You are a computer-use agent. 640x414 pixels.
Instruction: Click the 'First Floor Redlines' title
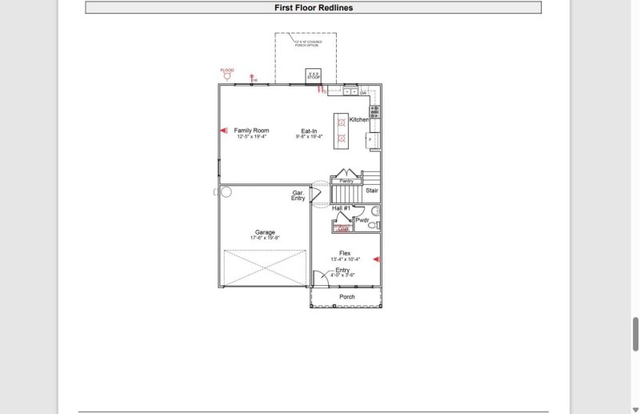tap(313, 8)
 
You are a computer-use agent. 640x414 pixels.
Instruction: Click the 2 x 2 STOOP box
tap(313, 76)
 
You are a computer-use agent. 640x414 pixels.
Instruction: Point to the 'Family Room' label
tap(251, 131)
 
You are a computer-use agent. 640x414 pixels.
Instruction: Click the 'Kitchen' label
tap(359, 119)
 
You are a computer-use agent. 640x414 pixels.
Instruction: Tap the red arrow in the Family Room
tap(224, 131)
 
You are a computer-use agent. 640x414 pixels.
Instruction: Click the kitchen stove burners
tap(374, 111)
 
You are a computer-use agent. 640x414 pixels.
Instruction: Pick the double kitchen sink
tap(342, 91)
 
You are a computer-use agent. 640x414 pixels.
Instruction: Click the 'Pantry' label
tap(346, 181)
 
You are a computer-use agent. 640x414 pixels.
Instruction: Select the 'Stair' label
tap(372, 191)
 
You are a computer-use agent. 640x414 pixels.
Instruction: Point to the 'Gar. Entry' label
tap(298, 195)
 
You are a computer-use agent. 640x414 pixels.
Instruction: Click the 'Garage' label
tap(265, 232)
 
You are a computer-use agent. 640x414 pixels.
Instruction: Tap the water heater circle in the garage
tap(226, 192)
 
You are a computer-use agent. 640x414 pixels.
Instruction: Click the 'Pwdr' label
tap(362, 219)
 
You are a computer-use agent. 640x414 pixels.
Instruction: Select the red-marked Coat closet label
tap(343, 229)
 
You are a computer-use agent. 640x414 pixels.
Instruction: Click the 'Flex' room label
tap(345, 253)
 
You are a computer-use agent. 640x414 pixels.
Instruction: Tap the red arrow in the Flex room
tap(376, 259)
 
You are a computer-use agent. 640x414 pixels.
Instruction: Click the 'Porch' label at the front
tap(347, 297)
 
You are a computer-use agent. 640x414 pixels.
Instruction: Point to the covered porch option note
tap(306, 42)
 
